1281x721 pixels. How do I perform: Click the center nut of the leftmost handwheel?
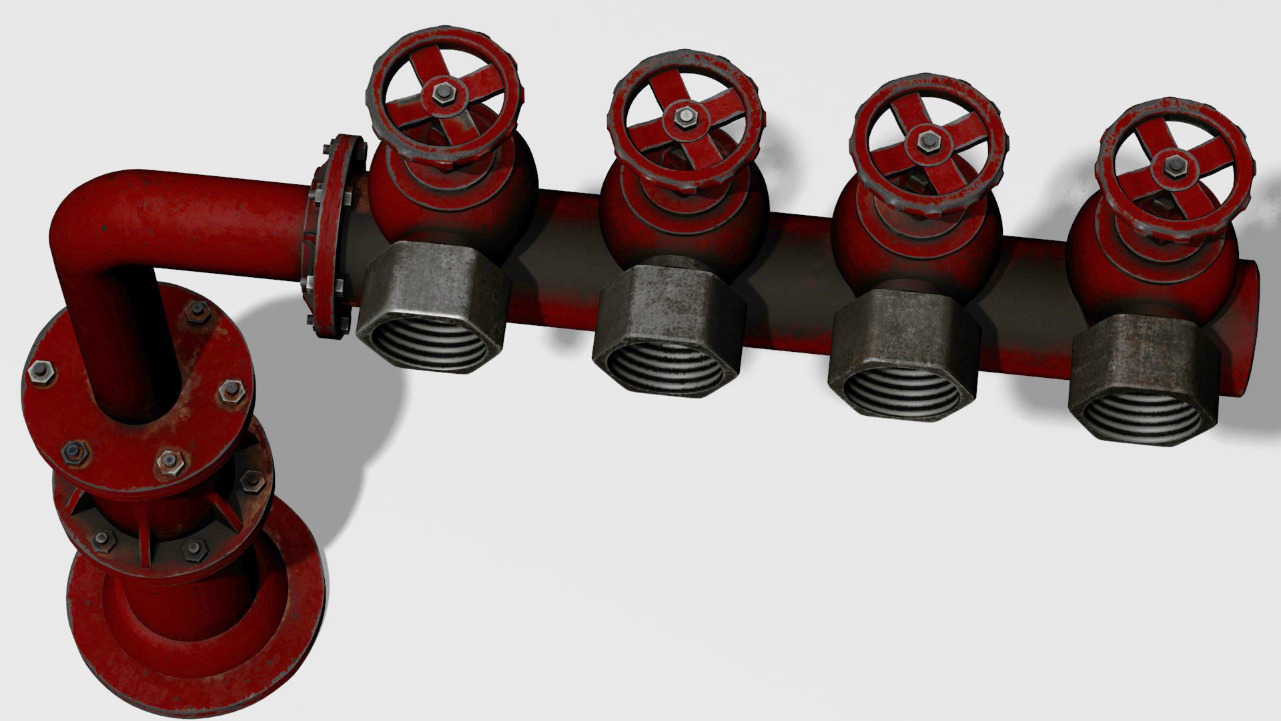tap(442, 94)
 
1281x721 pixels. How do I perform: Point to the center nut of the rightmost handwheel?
tap(1174, 165)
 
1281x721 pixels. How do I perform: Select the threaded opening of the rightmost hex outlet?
tap(1140, 419)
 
